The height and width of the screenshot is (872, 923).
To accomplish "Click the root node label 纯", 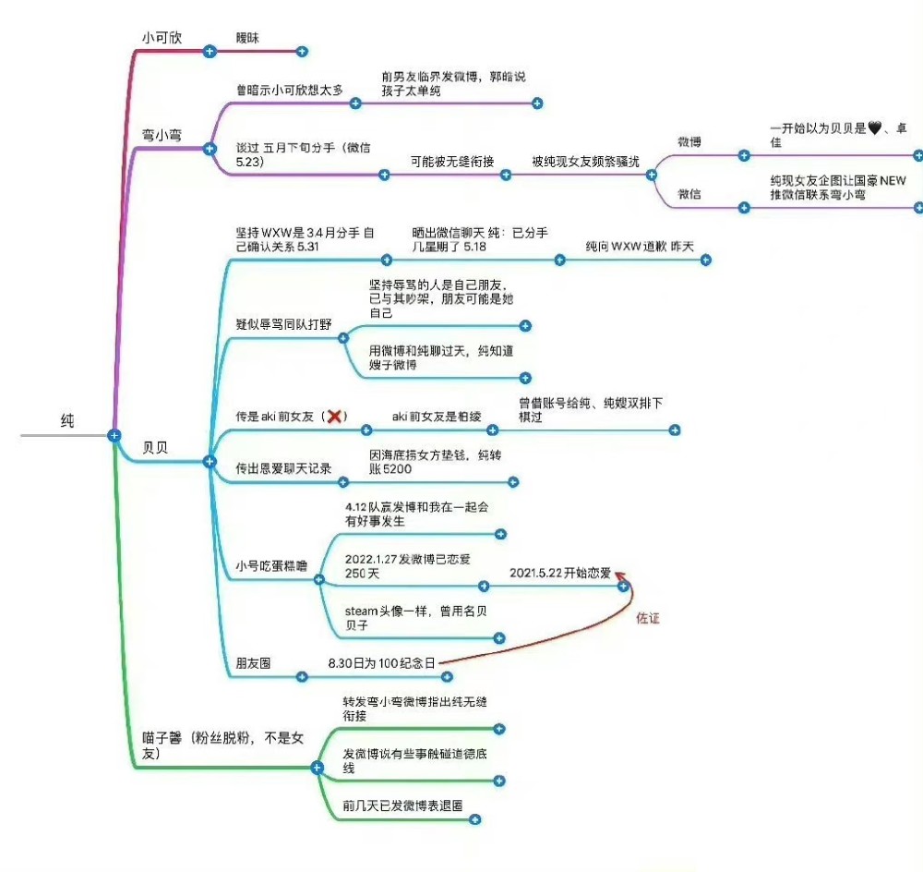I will [67, 421].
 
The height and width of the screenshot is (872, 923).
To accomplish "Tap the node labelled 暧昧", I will [247, 37].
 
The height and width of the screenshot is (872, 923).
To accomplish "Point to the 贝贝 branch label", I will [155, 447].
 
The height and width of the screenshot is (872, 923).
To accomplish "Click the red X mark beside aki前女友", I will [335, 417].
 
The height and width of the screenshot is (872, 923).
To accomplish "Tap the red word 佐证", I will [649, 618].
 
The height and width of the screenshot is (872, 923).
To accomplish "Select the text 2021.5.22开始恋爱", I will [560, 573].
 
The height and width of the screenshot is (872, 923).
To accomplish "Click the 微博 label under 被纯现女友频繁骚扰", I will [689, 142].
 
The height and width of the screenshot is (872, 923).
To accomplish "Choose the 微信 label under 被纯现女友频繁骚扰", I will [689, 194].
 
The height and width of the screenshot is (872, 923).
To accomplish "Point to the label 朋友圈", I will [253, 662].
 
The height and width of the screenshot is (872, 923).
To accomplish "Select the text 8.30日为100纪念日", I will [381, 662].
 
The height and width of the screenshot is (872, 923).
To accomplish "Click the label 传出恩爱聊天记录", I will [283, 467].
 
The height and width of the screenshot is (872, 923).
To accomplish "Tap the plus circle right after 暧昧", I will [302, 52].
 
